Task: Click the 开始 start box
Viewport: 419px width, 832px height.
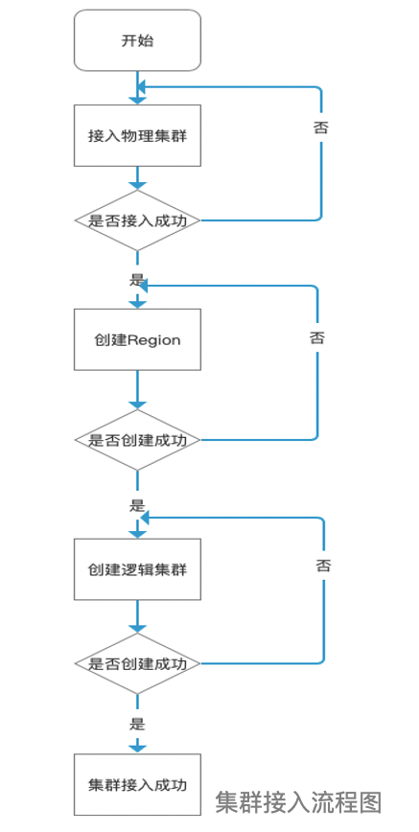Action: point(137,40)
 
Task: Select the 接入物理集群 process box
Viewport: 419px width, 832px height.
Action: point(137,135)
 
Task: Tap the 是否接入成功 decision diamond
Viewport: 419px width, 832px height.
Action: point(137,220)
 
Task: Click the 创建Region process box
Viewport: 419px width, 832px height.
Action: point(137,339)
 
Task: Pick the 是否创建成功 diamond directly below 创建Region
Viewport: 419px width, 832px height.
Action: point(137,440)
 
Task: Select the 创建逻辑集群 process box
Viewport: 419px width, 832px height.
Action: point(137,569)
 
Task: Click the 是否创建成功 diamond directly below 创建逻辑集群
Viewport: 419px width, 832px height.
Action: point(137,663)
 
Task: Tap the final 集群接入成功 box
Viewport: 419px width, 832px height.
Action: point(137,784)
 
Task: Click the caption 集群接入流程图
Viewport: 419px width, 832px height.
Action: point(299,801)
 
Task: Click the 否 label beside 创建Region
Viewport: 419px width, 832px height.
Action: point(316,337)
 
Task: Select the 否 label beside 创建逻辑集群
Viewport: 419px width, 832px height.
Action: point(323,566)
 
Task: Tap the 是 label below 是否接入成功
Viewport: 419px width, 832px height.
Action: point(136,280)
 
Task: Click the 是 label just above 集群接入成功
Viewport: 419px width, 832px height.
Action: point(137,724)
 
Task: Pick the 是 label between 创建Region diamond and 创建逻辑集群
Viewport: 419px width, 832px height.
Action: point(136,504)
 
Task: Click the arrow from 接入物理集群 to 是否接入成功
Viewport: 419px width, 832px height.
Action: point(137,177)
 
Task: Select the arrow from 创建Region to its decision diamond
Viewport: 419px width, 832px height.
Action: point(137,390)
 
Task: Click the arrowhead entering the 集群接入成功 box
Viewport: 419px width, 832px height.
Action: point(137,746)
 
